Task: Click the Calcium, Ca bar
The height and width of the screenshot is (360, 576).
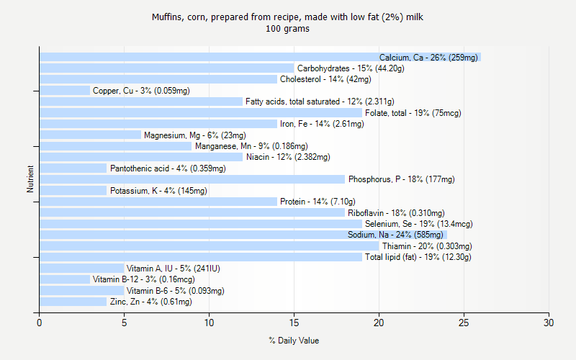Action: pos(209,58)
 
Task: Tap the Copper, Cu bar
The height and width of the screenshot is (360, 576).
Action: pos(65,91)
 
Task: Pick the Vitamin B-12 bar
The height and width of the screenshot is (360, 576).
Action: pos(65,279)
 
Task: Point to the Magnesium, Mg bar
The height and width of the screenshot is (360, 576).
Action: pos(90,135)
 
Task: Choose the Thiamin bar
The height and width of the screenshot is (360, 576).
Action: pos(209,246)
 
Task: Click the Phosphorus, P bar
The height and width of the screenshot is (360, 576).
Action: pos(191,179)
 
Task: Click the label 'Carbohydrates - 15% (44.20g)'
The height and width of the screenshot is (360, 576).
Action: pos(351,68)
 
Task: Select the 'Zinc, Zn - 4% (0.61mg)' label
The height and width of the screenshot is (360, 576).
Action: pos(151,302)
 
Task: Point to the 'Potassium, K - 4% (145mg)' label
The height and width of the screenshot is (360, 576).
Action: pos(158,191)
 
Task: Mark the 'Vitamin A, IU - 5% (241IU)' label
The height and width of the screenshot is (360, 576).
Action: pos(174,269)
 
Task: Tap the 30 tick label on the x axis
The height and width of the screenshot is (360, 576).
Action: pos(549,323)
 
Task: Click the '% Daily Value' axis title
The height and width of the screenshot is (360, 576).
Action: pos(294,341)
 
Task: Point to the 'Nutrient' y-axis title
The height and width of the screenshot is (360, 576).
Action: pos(30,179)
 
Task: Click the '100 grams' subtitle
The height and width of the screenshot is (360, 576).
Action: pos(288,29)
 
